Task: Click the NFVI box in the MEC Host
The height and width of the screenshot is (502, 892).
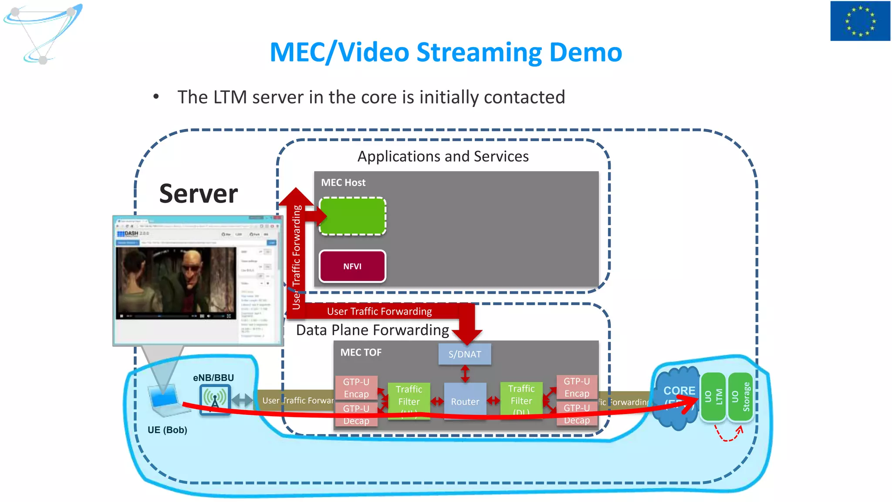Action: [352, 266]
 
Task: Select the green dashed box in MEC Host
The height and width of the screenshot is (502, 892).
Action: [352, 217]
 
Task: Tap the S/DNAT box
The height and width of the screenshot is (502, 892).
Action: [465, 354]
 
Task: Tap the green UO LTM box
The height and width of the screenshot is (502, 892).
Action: [713, 397]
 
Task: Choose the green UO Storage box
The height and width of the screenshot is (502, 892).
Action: [740, 397]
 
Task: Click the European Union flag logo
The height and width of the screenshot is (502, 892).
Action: [860, 21]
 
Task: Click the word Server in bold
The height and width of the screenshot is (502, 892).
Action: [199, 194]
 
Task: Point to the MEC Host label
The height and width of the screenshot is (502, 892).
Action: [343, 183]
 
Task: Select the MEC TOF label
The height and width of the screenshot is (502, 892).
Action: [361, 352]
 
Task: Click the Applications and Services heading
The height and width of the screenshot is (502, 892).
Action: [443, 156]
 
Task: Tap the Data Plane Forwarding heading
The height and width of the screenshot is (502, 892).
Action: [372, 330]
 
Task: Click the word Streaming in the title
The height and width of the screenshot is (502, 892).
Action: [479, 52]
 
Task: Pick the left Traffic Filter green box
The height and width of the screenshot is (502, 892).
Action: [409, 397]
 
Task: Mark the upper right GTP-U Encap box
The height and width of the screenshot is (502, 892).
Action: [577, 387]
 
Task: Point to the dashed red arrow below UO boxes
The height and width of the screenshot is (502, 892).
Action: [728, 435]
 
